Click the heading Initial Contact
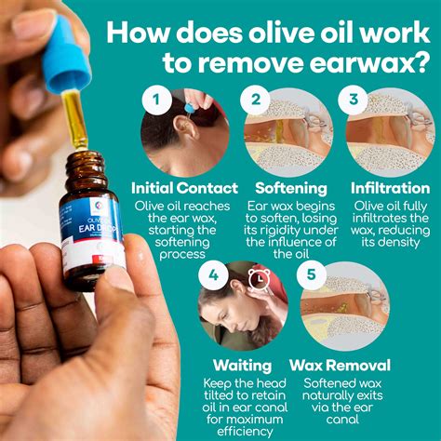click(x=184, y=187)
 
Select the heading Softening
click(x=286, y=187)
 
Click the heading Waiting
click(x=242, y=366)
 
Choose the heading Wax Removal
click(x=345, y=366)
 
